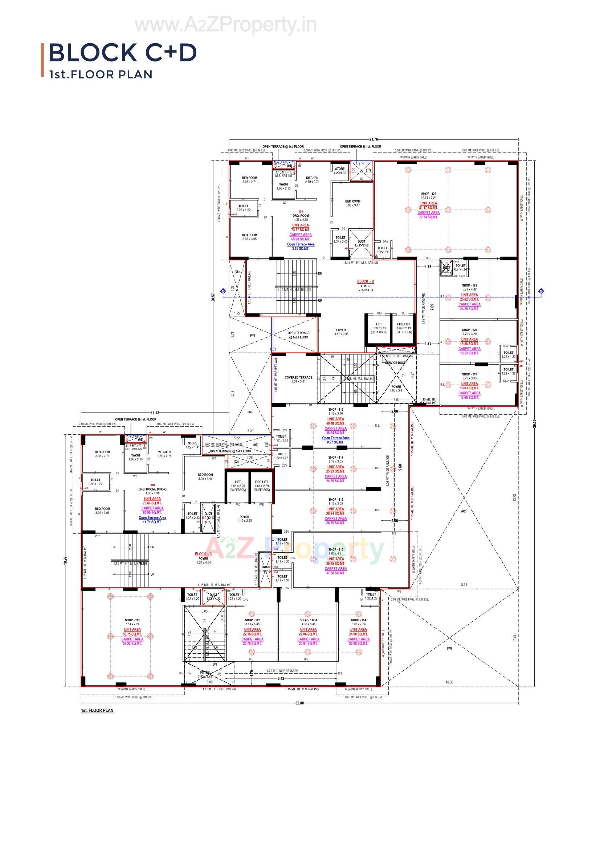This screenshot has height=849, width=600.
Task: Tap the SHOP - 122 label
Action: (428, 194)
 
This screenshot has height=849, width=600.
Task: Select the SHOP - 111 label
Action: (132, 620)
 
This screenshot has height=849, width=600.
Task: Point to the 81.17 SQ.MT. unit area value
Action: (428, 208)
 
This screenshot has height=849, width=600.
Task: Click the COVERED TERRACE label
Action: (298, 378)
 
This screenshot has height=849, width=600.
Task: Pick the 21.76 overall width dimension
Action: (374, 139)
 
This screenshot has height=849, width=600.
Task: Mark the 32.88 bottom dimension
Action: (299, 703)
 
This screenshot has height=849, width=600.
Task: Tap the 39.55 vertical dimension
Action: (534, 423)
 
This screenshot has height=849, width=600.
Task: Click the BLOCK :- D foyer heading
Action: (365, 281)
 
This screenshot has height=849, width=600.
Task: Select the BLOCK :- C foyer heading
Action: (203, 554)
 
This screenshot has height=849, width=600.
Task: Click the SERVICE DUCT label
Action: (395, 363)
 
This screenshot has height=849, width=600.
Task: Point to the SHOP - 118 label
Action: (336, 410)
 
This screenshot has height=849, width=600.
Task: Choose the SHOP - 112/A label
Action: (308, 620)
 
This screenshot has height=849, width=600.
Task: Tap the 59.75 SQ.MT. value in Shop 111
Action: (132, 634)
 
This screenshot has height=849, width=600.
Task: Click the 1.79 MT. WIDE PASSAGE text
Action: (282, 671)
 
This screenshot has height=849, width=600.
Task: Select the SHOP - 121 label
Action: (469, 285)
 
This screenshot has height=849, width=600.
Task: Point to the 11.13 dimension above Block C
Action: (155, 413)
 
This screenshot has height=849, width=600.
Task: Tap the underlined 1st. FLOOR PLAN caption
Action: (97, 710)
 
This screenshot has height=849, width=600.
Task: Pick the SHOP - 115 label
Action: (336, 549)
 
